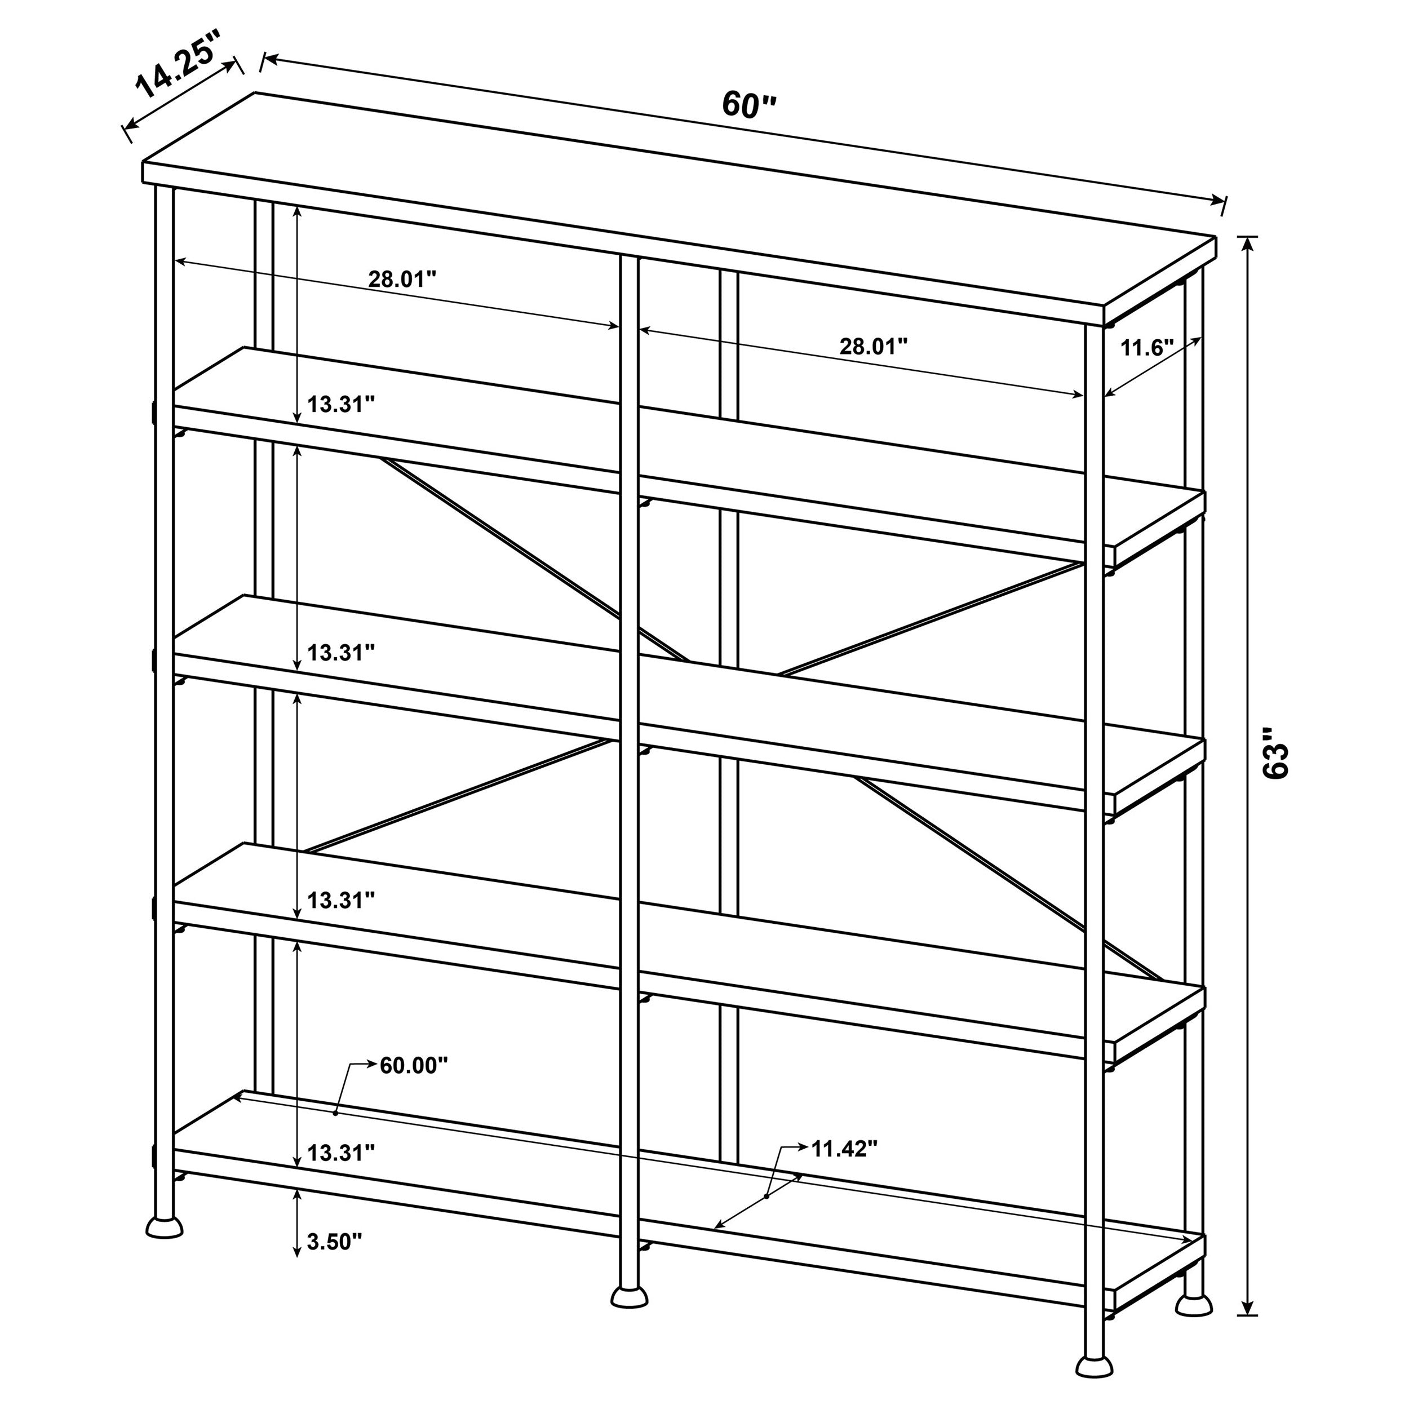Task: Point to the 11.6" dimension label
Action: point(1146,348)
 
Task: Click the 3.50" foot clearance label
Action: point(335,1241)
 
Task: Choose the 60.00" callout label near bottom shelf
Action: point(414,1066)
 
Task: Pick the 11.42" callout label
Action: point(844,1149)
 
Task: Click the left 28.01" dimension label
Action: point(402,280)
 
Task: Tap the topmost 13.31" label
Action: point(340,404)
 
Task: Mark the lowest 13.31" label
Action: point(340,1153)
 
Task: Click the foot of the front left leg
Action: point(164,1226)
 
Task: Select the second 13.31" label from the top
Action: point(340,653)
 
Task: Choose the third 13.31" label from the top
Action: point(340,901)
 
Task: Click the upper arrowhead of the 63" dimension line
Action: point(1248,243)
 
